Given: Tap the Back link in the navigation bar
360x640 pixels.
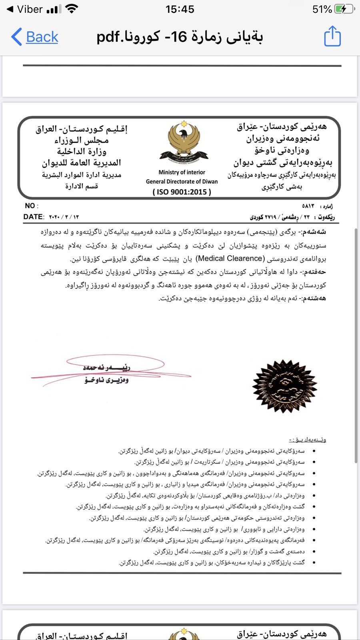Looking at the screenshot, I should (x=35, y=37).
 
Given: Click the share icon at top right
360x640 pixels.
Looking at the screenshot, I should (x=332, y=36).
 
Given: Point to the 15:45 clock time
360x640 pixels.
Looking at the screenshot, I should (x=180, y=9).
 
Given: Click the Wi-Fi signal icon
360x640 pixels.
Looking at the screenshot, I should (x=72, y=9).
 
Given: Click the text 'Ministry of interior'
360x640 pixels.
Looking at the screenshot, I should (x=182, y=172).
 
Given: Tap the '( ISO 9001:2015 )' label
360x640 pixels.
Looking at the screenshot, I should (x=182, y=192).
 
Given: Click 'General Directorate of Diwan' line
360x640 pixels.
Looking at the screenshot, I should (x=182, y=182).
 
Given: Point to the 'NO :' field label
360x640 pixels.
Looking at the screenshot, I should (x=31, y=206).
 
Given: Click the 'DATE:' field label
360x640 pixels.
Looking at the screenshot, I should (x=33, y=217).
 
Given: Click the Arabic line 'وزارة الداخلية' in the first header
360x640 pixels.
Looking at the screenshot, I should (x=82, y=152).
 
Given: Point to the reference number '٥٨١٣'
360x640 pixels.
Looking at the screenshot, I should (x=308, y=206).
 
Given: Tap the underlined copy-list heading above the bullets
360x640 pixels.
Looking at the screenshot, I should (x=308, y=440).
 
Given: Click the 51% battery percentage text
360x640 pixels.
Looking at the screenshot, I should (x=322, y=9).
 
